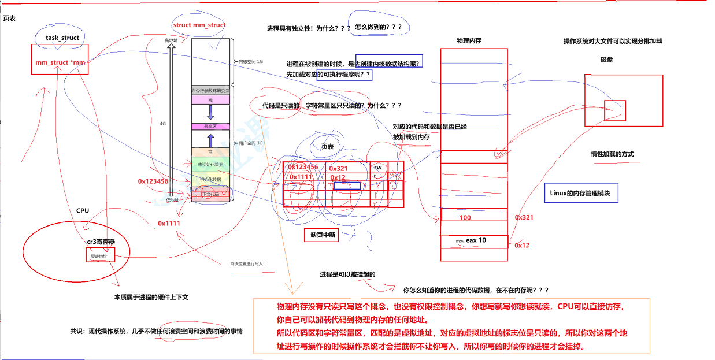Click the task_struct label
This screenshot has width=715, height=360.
62,38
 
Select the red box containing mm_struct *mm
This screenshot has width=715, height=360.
60,62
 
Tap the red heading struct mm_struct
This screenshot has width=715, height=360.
199,25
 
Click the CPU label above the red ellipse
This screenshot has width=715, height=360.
83,210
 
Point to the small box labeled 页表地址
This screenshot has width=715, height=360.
99,255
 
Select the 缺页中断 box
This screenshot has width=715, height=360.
321,235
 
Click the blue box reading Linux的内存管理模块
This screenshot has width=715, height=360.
581,194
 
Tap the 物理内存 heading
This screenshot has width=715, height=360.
469,41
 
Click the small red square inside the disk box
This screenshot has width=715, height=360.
614,110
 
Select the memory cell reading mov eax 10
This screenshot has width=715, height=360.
474,240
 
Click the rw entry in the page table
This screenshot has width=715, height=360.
378,167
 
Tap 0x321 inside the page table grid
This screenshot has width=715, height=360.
339,168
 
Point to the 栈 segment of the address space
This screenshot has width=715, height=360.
210,100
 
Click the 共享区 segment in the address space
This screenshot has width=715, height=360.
210,126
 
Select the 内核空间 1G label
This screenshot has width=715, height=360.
251,61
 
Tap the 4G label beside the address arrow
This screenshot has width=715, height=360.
163,123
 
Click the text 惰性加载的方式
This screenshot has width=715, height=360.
612,154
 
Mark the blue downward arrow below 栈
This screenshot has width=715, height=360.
210,112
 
